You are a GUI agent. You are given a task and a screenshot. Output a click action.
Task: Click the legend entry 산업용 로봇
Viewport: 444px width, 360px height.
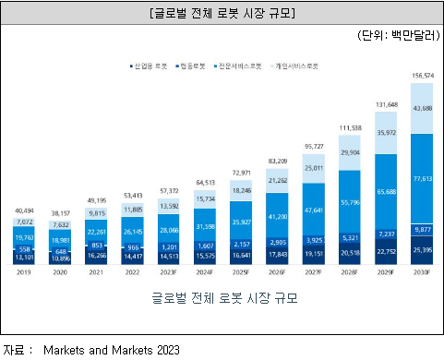coord(150,67)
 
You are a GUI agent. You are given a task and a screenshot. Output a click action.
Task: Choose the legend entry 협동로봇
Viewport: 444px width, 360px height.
coord(193,67)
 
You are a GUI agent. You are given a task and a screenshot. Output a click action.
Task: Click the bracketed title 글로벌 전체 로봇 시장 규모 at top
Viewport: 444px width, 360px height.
coord(222,13)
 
